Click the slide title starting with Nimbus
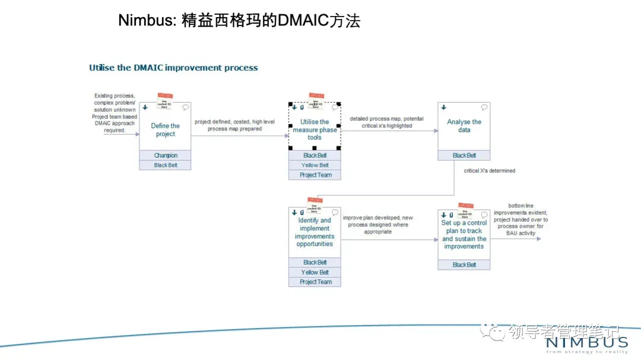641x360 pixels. (239, 21)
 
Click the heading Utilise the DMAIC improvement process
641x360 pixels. (173, 68)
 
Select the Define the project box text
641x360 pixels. (165, 130)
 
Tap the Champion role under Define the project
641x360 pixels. (166, 156)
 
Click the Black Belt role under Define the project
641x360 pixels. (166, 165)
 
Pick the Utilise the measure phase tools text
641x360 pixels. (315, 130)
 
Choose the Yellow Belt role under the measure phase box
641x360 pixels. (315, 165)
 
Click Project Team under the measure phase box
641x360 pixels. (315, 175)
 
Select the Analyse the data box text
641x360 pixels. (464, 126)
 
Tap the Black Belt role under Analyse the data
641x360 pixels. (464, 155)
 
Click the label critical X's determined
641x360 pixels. (490, 171)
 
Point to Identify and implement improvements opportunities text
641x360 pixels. (315, 232)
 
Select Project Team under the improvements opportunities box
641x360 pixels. (315, 282)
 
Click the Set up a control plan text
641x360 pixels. (464, 235)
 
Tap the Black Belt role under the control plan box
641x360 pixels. (464, 265)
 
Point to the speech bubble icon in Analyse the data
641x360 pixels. (484, 107)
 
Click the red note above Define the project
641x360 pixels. (165, 95)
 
